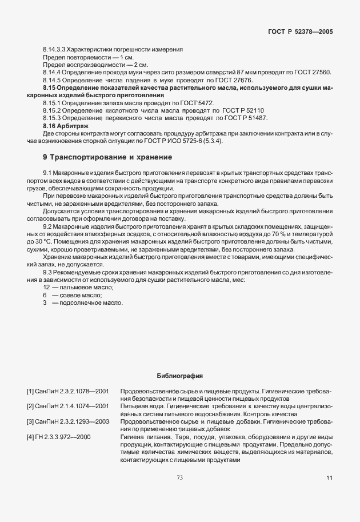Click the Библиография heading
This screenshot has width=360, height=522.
click(x=179, y=376)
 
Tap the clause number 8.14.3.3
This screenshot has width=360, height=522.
click(x=55, y=49)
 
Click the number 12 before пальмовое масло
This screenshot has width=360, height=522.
click(x=46, y=288)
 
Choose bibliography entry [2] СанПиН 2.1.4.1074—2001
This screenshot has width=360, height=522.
click(x=67, y=406)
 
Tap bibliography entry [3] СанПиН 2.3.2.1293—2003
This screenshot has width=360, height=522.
click(x=67, y=421)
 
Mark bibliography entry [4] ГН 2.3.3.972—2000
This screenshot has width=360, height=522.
click(x=59, y=437)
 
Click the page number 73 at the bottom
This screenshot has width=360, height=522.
click(x=179, y=477)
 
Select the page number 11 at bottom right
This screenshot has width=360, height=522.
click(x=329, y=477)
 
